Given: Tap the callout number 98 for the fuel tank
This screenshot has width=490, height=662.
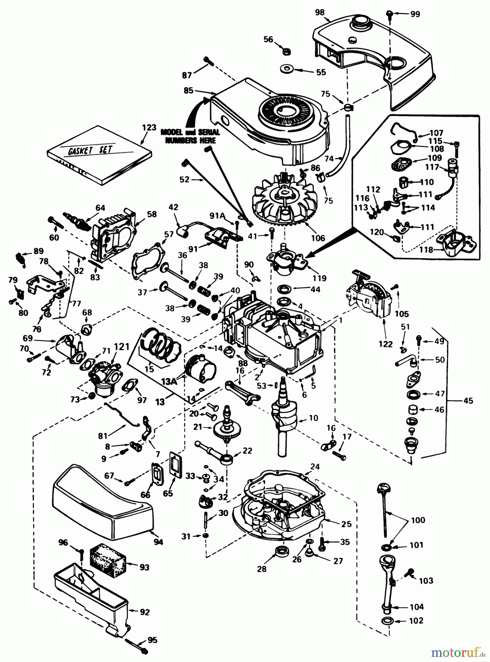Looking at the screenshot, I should tap(320, 12).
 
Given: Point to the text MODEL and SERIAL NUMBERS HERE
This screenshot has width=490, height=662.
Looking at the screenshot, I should tap(190, 136).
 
